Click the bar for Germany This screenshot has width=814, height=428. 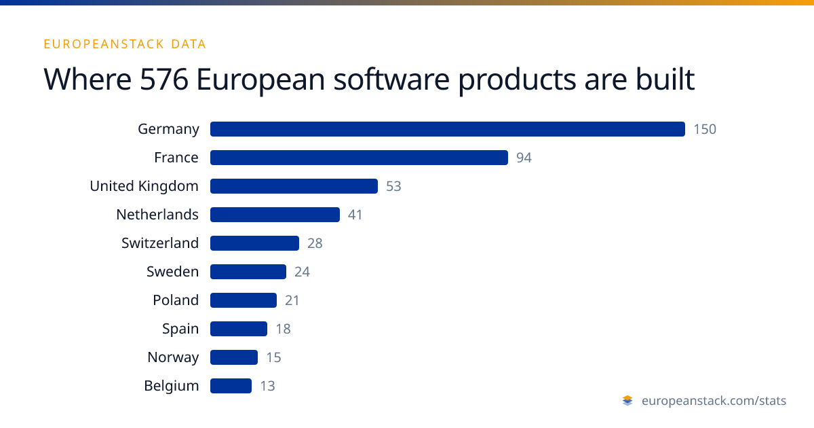tap(448, 129)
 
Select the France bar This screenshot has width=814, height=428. tap(359, 158)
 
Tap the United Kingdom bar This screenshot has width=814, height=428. tap(294, 186)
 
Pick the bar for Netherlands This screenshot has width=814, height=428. tap(275, 215)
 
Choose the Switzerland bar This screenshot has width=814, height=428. tap(255, 243)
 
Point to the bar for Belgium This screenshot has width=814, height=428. tap(231, 386)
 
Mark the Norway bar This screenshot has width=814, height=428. tap(234, 357)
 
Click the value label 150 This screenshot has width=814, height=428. tap(705, 129)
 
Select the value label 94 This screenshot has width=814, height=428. tap(524, 158)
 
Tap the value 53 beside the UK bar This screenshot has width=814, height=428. tap(393, 186)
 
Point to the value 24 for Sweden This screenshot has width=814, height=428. tap(302, 272)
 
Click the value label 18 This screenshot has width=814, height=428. tap(283, 329)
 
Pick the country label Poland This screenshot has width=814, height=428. tap(176, 300)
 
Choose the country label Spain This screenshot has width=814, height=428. tap(180, 329)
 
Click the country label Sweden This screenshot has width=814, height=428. tap(172, 272)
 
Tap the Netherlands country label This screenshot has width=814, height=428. tap(157, 215)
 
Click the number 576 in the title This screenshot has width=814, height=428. tap(164, 79)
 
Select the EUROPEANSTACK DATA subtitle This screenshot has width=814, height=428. tap(125, 44)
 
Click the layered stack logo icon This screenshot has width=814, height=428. tap(627, 401)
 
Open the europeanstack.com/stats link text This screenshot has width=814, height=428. tap(714, 401)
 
